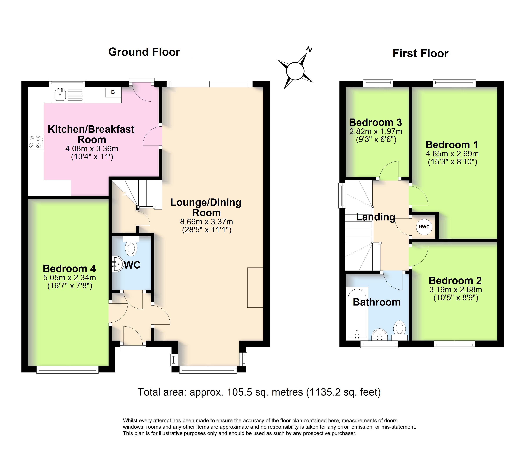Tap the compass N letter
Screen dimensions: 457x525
point(309,50)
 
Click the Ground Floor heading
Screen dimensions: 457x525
point(144,52)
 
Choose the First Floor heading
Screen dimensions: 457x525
point(420,54)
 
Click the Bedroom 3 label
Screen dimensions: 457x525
point(375,122)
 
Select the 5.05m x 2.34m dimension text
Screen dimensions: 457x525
point(70,277)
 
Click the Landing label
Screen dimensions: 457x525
point(375,217)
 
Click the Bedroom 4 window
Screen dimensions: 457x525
point(67,370)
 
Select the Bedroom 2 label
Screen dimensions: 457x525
point(455,281)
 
